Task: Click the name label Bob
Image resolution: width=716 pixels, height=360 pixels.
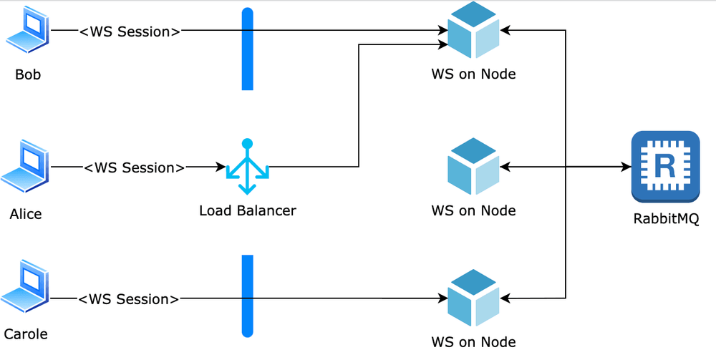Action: tap(28, 74)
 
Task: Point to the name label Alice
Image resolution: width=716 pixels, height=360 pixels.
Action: tap(26, 213)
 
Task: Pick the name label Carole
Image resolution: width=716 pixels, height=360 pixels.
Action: tap(26, 334)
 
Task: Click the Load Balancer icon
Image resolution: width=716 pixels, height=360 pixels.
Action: tap(247, 167)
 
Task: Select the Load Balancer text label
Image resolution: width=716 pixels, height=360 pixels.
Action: tap(247, 210)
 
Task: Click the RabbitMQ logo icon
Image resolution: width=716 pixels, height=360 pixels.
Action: tap(665, 167)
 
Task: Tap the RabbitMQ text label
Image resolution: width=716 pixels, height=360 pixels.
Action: tap(665, 219)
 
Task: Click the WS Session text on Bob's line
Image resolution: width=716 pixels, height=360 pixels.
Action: tap(130, 31)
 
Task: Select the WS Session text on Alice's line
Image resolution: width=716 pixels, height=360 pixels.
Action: tap(135, 167)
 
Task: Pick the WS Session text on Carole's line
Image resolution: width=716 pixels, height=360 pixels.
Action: tap(128, 298)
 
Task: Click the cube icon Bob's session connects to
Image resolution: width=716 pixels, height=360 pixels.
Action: tap(473, 31)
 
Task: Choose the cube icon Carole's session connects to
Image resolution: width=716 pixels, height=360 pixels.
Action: tap(473, 298)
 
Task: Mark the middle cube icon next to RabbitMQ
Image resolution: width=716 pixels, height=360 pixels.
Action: tap(473, 167)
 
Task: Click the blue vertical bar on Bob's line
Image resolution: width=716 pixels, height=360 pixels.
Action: tap(248, 49)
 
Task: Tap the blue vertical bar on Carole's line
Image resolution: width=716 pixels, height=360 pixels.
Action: tap(248, 295)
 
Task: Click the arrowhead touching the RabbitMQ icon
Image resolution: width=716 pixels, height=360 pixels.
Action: tap(626, 167)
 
